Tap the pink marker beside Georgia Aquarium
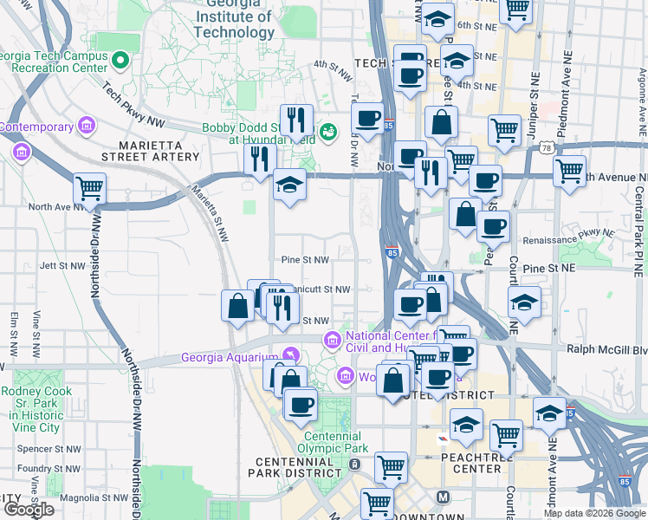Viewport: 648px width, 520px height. [291, 355]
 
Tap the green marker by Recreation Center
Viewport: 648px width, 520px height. [120, 62]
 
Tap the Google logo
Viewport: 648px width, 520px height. [28, 509]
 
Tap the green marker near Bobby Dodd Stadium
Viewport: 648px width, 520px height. [328, 132]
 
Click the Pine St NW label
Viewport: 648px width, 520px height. [305, 259]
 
